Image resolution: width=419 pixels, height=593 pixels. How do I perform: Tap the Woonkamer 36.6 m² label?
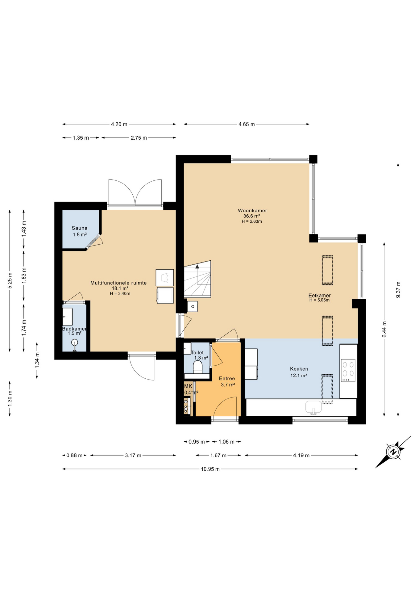[252, 213]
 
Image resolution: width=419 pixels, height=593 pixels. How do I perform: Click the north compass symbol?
[393, 452]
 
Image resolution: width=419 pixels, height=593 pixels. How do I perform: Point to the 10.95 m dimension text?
[210, 469]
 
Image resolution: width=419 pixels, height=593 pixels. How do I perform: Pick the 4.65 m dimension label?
[247, 124]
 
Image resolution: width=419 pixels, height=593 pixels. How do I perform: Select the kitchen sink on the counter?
[313, 407]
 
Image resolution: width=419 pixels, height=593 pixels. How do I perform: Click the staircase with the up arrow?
[198, 280]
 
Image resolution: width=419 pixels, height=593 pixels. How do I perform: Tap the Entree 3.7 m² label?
[227, 381]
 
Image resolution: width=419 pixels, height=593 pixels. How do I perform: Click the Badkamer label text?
[74, 329]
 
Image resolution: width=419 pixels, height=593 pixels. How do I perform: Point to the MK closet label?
[188, 386]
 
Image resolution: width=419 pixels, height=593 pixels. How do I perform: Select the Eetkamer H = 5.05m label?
[319, 297]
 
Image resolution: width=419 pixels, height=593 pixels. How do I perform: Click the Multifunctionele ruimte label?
[118, 283]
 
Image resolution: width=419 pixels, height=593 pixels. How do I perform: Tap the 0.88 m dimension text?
[74, 455]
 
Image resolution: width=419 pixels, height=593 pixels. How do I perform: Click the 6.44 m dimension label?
[384, 330]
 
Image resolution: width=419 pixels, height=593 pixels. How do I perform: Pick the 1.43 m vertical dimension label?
[24, 229]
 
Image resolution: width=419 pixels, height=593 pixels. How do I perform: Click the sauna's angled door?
[94, 241]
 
